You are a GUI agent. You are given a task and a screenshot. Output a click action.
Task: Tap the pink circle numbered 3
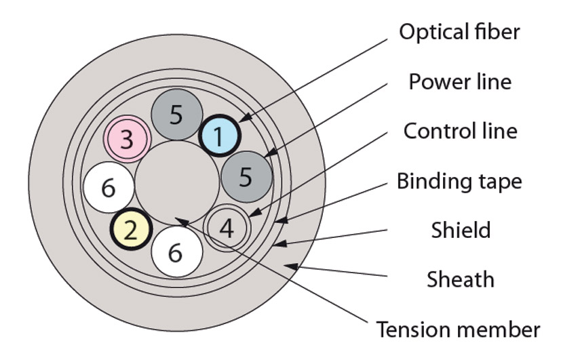click(x=126, y=139)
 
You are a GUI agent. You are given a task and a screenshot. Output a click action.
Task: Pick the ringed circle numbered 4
click(x=228, y=228)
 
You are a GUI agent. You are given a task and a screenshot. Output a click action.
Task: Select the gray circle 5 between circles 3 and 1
click(x=176, y=115)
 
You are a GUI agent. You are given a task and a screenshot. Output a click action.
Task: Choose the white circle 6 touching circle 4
click(x=176, y=252)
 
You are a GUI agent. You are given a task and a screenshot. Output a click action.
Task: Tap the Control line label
click(x=460, y=130)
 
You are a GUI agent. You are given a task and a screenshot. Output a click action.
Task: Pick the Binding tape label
click(x=459, y=181)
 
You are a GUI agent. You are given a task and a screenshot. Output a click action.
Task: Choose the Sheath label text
click(x=461, y=279)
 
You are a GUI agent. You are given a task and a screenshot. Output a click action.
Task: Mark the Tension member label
click(x=459, y=329)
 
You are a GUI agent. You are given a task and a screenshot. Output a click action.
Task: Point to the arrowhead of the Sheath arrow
click(x=288, y=265)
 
